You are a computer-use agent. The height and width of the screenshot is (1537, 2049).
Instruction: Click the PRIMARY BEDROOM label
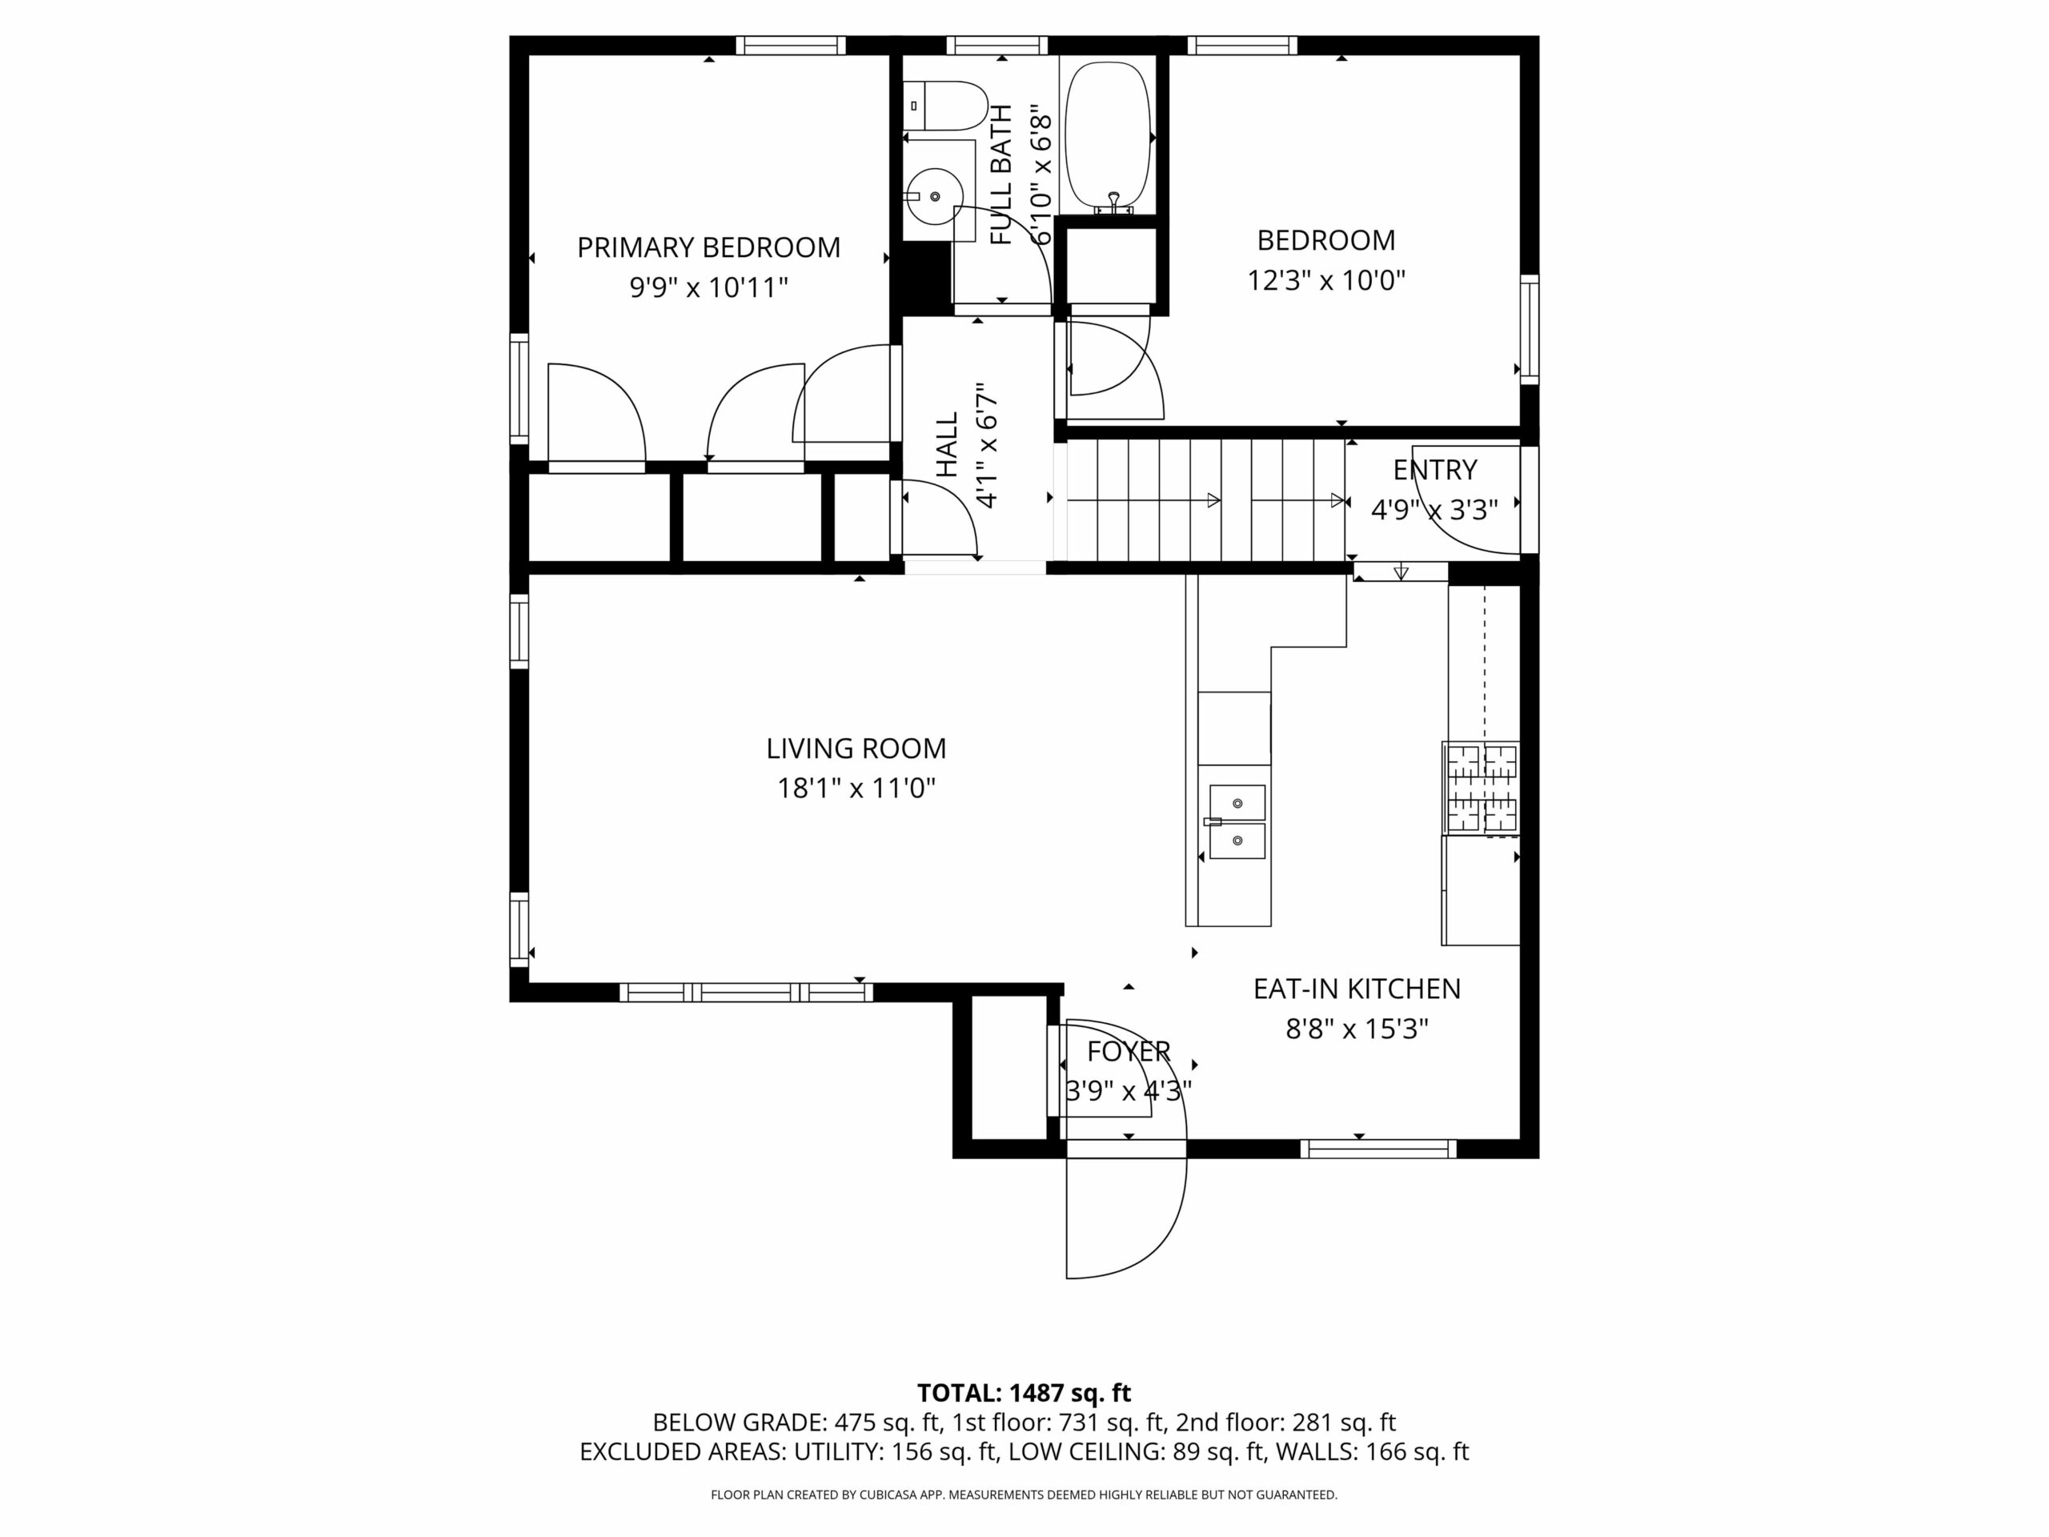coord(708,247)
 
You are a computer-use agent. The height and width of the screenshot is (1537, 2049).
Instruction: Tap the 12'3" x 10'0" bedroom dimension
coord(1326,280)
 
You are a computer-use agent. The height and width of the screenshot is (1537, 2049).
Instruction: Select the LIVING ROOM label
coord(856,748)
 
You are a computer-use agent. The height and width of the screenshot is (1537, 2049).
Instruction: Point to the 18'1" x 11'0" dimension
coord(856,789)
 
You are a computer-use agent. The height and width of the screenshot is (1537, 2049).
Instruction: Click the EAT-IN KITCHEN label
coord(1357,989)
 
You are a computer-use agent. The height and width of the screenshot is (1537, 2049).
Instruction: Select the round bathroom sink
coord(935,196)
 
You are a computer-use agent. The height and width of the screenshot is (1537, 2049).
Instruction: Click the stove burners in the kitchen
coord(1480,789)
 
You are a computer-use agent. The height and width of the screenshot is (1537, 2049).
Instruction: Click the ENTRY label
coord(1435,470)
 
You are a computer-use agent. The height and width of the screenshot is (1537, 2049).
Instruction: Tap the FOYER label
coord(1129,1052)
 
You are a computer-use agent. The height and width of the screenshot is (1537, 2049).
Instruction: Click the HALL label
coord(947,446)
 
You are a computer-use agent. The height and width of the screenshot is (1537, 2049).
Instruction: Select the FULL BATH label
coord(1001,175)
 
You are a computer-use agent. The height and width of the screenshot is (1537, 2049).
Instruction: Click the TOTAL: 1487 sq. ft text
coord(1024,1392)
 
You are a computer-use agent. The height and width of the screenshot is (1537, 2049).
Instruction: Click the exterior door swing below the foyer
coord(1126,1218)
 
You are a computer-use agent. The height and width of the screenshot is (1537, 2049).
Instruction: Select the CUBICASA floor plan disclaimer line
coord(1024,1495)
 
